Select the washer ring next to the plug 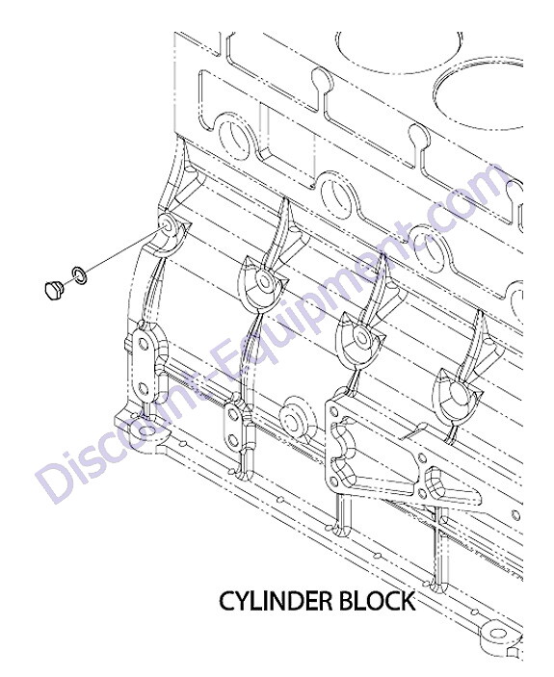coord(79,275)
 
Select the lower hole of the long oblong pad coord(144,390)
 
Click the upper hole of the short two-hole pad coord(232,415)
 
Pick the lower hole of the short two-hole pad coord(233,440)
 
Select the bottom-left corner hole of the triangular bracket coord(333,480)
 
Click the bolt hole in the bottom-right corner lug coord(498,634)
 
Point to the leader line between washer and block coord(122,251)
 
